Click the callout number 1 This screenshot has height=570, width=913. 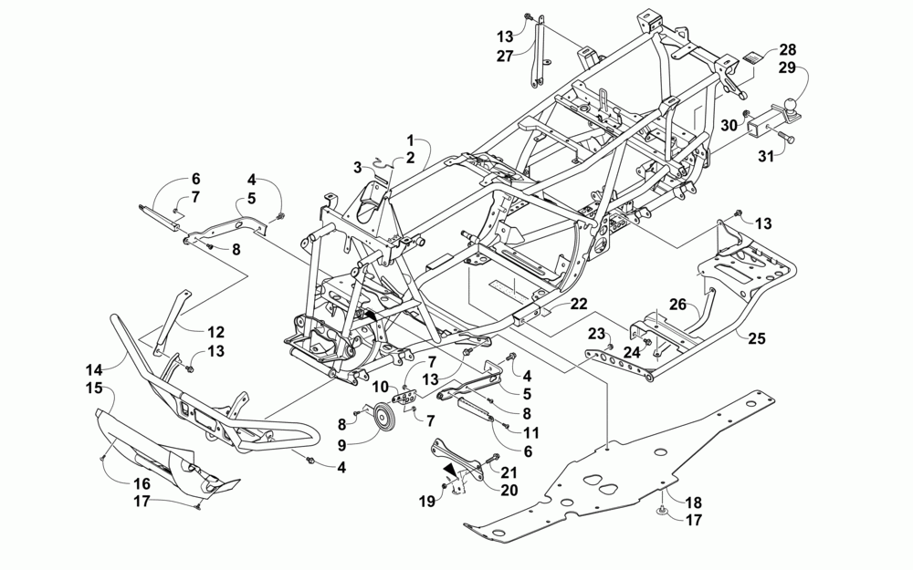click(411, 140)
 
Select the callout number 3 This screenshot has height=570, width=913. click(359, 167)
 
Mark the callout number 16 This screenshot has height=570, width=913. click(142, 484)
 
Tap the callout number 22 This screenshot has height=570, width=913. click(579, 303)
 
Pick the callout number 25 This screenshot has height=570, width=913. click(756, 339)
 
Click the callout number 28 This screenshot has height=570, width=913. click(787, 48)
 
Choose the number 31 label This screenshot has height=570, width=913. click(765, 156)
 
